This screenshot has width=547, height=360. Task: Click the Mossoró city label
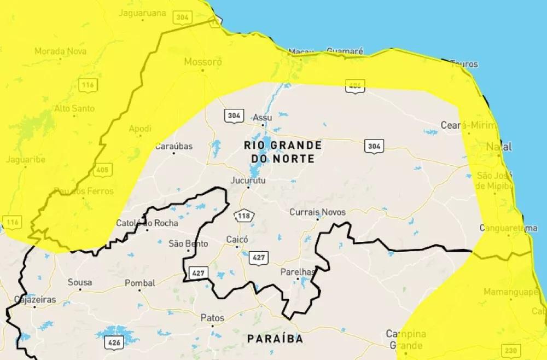click(x=203, y=62)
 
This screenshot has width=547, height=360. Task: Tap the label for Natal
click(x=499, y=147)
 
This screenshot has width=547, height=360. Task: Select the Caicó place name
click(x=237, y=240)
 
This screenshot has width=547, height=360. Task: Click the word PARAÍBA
click(x=275, y=339)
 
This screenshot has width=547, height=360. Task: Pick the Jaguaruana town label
click(x=142, y=13)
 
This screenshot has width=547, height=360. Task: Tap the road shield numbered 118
click(x=244, y=216)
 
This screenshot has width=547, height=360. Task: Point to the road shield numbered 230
click(x=511, y=351)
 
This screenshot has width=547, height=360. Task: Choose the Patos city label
click(x=212, y=317)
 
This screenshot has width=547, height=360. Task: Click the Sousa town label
click(x=80, y=283)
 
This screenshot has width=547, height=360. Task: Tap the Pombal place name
click(x=140, y=283)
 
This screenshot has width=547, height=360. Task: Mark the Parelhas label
click(x=298, y=272)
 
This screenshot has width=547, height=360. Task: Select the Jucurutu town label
click(x=248, y=179)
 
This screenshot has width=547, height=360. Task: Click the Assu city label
click(x=262, y=118)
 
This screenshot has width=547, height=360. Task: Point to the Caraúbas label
click(x=174, y=147)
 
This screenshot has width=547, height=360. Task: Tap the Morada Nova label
click(x=60, y=51)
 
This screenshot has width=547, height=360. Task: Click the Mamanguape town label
click(x=511, y=292)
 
